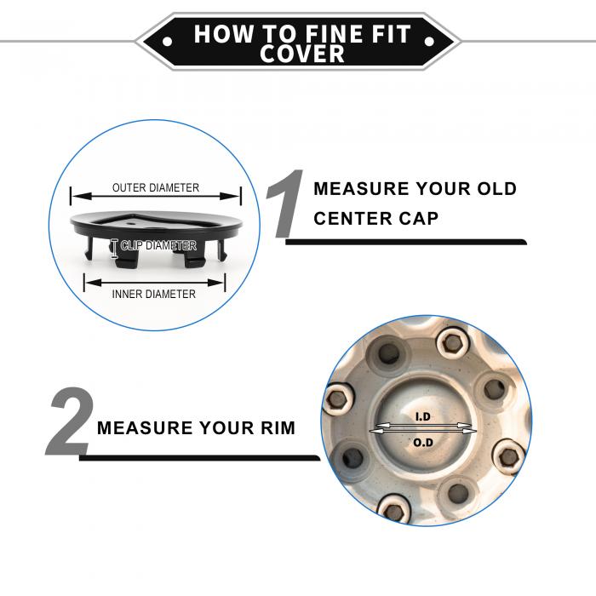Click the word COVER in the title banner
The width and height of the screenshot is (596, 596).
click(302, 54)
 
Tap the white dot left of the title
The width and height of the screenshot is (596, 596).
click(167, 41)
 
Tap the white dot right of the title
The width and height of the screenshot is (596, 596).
click(429, 41)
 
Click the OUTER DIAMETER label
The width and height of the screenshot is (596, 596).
click(156, 188)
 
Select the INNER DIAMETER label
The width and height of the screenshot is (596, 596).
click(154, 295)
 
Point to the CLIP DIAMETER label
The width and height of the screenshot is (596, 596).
click(158, 245)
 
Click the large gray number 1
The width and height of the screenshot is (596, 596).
click(285, 203)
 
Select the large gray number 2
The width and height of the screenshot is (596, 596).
click(70, 421)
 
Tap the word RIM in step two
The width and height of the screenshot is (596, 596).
click(278, 428)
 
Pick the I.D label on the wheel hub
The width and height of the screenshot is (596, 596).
click(422, 417)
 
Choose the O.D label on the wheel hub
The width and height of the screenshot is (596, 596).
click(423, 443)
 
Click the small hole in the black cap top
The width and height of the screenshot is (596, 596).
click(131, 223)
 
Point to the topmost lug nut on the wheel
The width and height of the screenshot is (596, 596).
click(451, 344)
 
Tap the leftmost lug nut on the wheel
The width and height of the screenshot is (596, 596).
click(337, 399)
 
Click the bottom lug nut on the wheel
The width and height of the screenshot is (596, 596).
click(394, 510)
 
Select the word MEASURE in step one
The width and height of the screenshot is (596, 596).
click(362, 189)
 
